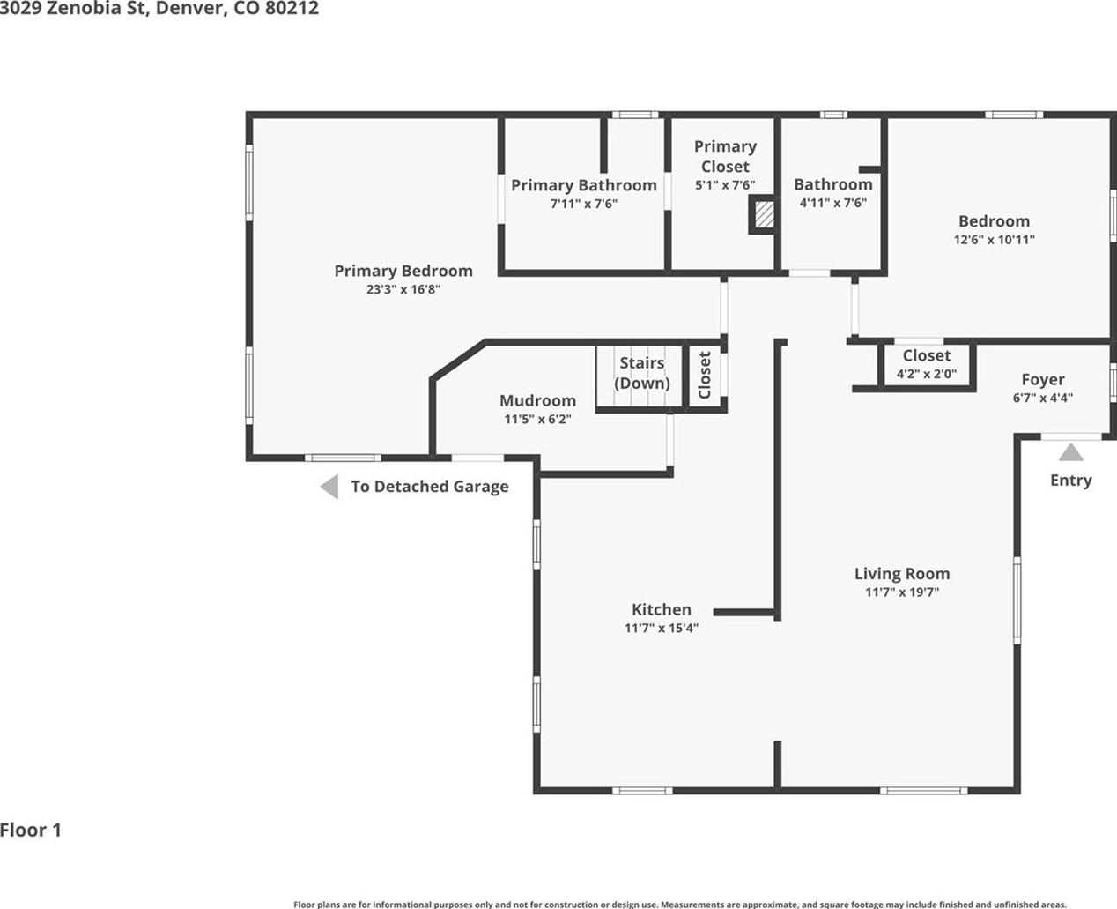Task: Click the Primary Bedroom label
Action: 403,271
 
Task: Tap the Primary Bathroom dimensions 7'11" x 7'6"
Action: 584,204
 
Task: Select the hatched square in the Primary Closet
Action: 764,214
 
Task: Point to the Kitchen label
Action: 662,609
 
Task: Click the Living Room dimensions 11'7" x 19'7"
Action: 902,592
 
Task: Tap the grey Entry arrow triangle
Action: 1071,452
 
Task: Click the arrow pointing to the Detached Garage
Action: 329,487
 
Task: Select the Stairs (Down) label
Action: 642,373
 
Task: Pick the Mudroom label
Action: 537,400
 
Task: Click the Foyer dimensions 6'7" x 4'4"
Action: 1042,398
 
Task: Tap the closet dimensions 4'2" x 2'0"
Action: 927,374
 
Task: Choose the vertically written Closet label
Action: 704,375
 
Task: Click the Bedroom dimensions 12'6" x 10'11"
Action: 995,239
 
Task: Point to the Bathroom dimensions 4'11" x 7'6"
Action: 833,203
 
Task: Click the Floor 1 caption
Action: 31,831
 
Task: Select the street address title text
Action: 159,9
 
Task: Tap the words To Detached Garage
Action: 430,487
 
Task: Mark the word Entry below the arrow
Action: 1071,481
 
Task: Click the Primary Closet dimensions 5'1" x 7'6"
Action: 725,185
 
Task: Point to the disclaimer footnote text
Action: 680,905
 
